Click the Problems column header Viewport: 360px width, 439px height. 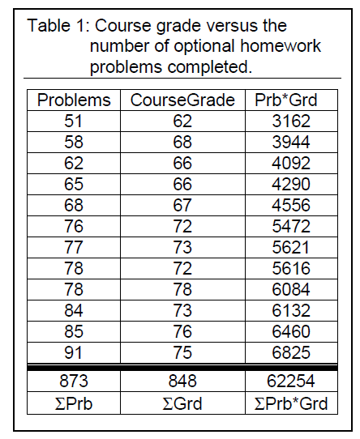[75, 100]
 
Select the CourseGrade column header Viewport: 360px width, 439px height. [183, 100]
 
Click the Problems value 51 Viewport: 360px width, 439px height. [75, 123]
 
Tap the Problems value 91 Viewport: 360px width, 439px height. [75, 352]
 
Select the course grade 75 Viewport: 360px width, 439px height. [183, 352]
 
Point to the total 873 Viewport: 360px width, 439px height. [75, 381]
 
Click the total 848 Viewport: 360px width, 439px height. [183, 381]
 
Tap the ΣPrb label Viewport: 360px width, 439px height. [75, 403]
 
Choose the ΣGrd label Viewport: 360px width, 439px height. [183, 403]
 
